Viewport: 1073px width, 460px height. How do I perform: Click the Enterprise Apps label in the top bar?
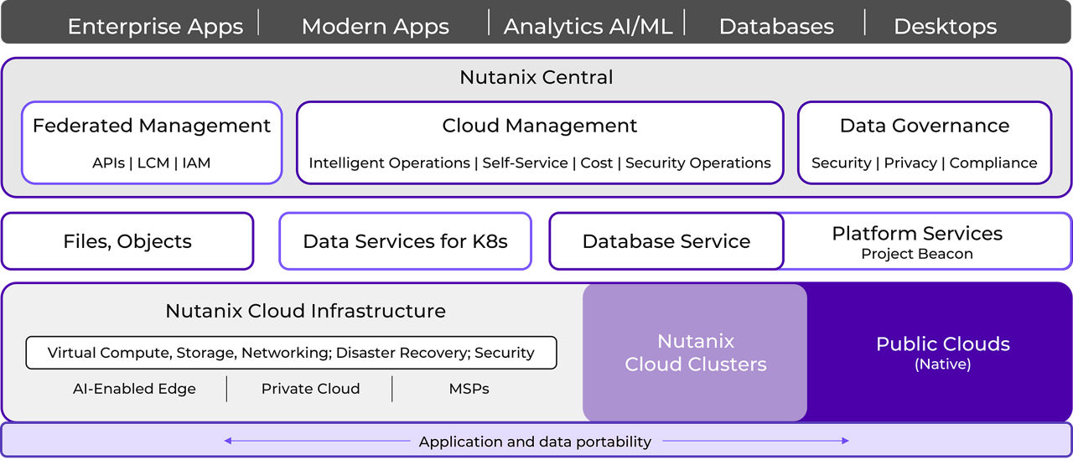[x=155, y=26]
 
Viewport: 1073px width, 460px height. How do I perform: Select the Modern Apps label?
[x=375, y=26]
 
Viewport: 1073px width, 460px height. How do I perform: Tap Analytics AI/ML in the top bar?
[x=588, y=26]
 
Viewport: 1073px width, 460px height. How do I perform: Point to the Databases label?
[x=776, y=26]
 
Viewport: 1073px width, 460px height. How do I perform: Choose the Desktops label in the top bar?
[x=945, y=26]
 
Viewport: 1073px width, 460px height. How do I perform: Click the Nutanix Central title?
[x=536, y=77]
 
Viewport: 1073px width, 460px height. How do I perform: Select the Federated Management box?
[x=152, y=142]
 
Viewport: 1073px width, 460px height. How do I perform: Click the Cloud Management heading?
[x=540, y=126]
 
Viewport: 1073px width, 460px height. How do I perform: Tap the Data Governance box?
[x=924, y=142]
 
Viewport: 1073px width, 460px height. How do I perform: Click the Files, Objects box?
[x=127, y=241]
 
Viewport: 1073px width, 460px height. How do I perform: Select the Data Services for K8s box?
[x=405, y=241]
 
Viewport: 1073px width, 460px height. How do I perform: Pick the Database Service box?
[x=666, y=241]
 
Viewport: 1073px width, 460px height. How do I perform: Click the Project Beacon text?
[x=917, y=254]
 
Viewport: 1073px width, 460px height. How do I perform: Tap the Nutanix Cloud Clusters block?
[x=695, y=353]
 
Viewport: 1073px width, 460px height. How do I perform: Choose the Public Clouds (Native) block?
[x=942, y=353]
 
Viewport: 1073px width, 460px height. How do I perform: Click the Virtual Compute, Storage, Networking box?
[x=291, y=353]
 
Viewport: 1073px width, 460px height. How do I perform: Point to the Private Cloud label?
[x=310, y=389]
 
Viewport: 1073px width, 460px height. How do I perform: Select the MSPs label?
[x=469, y=389]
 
